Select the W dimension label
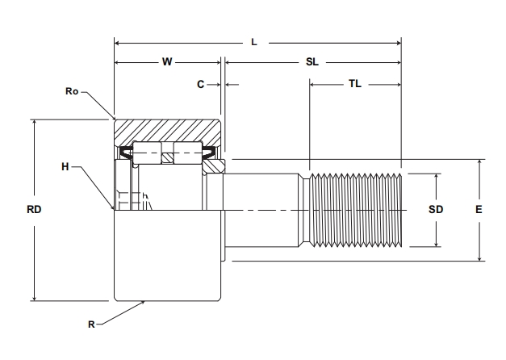167,61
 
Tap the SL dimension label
312,61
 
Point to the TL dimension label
354,83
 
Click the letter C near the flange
200,83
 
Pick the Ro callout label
72,91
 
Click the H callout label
65,167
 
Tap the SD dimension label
436,210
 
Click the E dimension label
479,210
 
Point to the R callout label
92,324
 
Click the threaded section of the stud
355,210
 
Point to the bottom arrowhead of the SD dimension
436,243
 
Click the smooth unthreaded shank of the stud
266,210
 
